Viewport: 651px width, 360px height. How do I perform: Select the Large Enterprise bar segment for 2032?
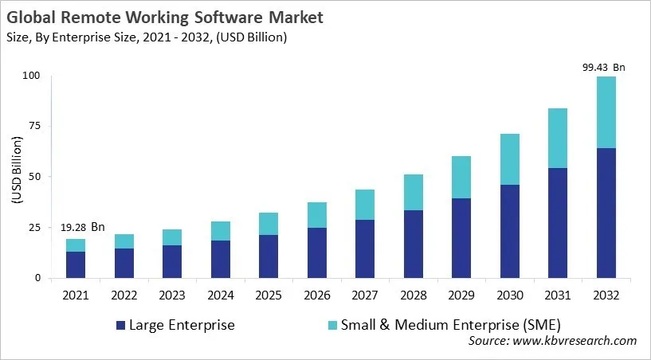607,213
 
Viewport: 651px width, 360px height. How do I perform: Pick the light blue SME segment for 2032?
607,112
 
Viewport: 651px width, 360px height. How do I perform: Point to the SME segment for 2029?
462,177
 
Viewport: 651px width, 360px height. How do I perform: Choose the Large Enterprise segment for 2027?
365,248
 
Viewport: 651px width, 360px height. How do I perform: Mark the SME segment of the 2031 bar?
559,138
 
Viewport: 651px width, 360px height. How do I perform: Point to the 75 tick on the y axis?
34,126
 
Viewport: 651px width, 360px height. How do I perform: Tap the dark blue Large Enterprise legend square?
121,325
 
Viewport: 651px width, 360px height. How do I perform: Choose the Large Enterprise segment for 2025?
268,256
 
